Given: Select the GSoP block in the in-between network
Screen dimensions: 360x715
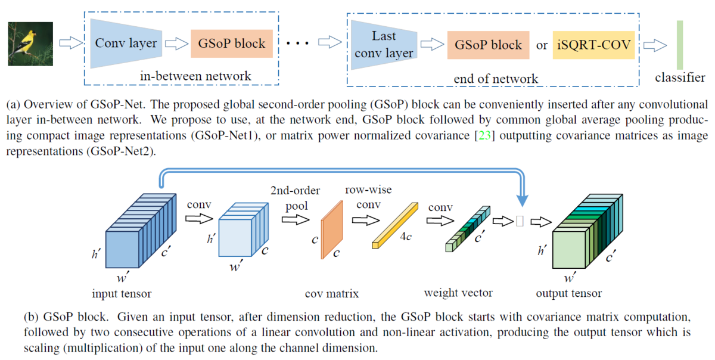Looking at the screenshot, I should (x=228, y=43).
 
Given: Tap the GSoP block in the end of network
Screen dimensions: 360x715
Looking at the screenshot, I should (x=488, y=45).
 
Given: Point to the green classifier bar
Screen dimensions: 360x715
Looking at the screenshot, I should (x=679, y=45).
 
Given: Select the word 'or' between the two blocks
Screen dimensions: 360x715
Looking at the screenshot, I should (x=542, y=45).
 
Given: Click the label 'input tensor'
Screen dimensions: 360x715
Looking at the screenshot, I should (x=122, y=293).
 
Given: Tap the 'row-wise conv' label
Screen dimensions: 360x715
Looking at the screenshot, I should (x=368, y=197).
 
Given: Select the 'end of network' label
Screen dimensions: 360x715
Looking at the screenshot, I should (x=496, y=79).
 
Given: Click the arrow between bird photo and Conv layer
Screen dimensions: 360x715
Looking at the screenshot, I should (x=70, y=43).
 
